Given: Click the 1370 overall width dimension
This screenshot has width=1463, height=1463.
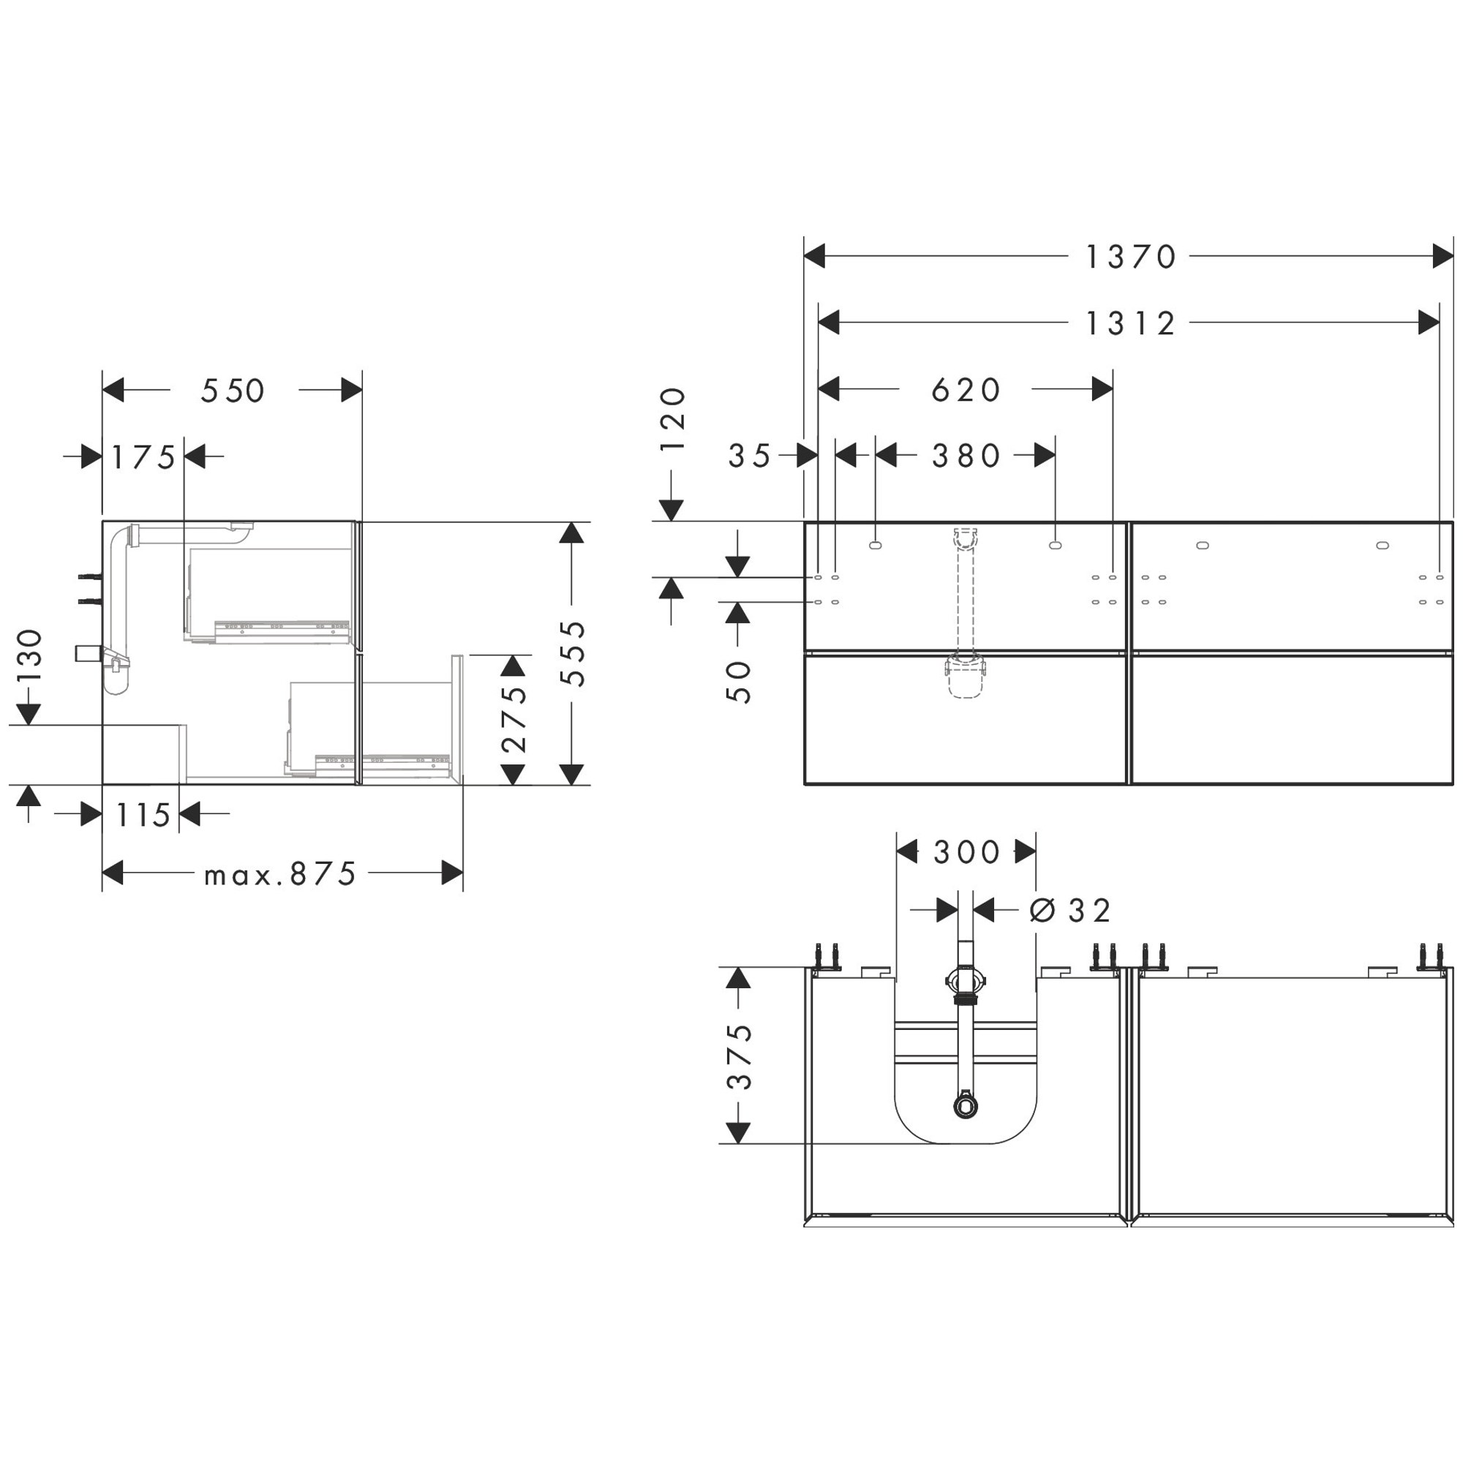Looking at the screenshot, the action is (1131, 257).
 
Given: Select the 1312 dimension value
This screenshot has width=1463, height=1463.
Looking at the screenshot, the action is (1131, 323).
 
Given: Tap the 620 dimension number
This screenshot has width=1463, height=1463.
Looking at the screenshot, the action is (966, 390).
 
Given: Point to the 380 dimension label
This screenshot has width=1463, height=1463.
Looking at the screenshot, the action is (966, 456).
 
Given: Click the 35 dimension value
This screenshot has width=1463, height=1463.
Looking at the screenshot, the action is (750, 456).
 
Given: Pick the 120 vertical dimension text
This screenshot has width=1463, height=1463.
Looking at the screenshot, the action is (672, 418).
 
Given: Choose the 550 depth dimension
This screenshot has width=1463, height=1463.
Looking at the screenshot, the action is (233, 391).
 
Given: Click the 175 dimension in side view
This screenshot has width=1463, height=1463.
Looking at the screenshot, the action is (144, 457).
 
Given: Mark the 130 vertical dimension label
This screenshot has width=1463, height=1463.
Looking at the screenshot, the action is (29, 655).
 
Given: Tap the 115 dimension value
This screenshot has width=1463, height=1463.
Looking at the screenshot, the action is (143, 815).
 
